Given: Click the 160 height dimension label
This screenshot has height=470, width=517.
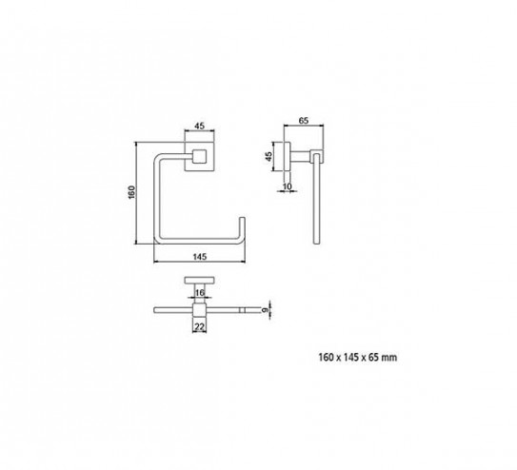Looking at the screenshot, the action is tap(131, 192).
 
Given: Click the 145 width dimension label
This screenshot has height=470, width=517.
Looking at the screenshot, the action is tap(200, 256).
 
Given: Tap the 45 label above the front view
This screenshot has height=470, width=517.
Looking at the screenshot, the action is tap(200, 126).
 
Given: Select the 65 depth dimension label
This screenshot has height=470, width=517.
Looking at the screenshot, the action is tap(304, 121).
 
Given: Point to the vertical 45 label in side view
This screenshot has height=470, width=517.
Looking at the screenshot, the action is tap(269, 156).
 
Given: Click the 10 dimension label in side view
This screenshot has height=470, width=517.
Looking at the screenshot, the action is tap(288, 186).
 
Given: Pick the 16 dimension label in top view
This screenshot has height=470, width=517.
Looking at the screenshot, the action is tap(200, 292).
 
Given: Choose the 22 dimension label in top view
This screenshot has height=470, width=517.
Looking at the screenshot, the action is tap(200, 326).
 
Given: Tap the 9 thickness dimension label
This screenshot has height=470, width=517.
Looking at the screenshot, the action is tap(264, 310).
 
